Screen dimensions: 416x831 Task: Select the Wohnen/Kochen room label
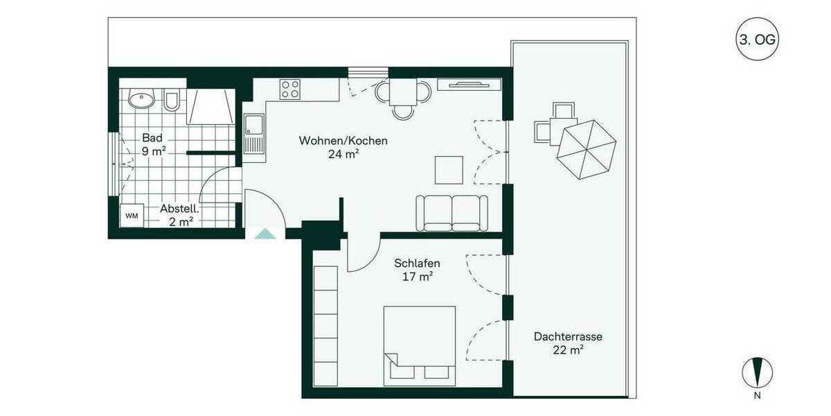coord(343,141)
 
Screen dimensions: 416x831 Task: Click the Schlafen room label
coord(417,263)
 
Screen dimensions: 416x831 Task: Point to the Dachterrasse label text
coord(567,337)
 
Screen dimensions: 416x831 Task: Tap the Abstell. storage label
coord(180,208)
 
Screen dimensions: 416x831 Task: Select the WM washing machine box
coord(132,216)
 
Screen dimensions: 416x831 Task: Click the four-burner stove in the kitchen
coord(290,89)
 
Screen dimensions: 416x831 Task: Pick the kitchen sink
coord(253,127)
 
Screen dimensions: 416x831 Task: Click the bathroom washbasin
coord(141,100)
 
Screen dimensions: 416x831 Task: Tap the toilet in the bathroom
coord(172,101)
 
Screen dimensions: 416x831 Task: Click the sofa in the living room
coord(452,213)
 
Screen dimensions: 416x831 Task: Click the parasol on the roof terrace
coord(587,146)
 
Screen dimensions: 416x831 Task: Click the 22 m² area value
coord(567,350)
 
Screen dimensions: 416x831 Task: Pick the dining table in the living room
coord(403,91)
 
